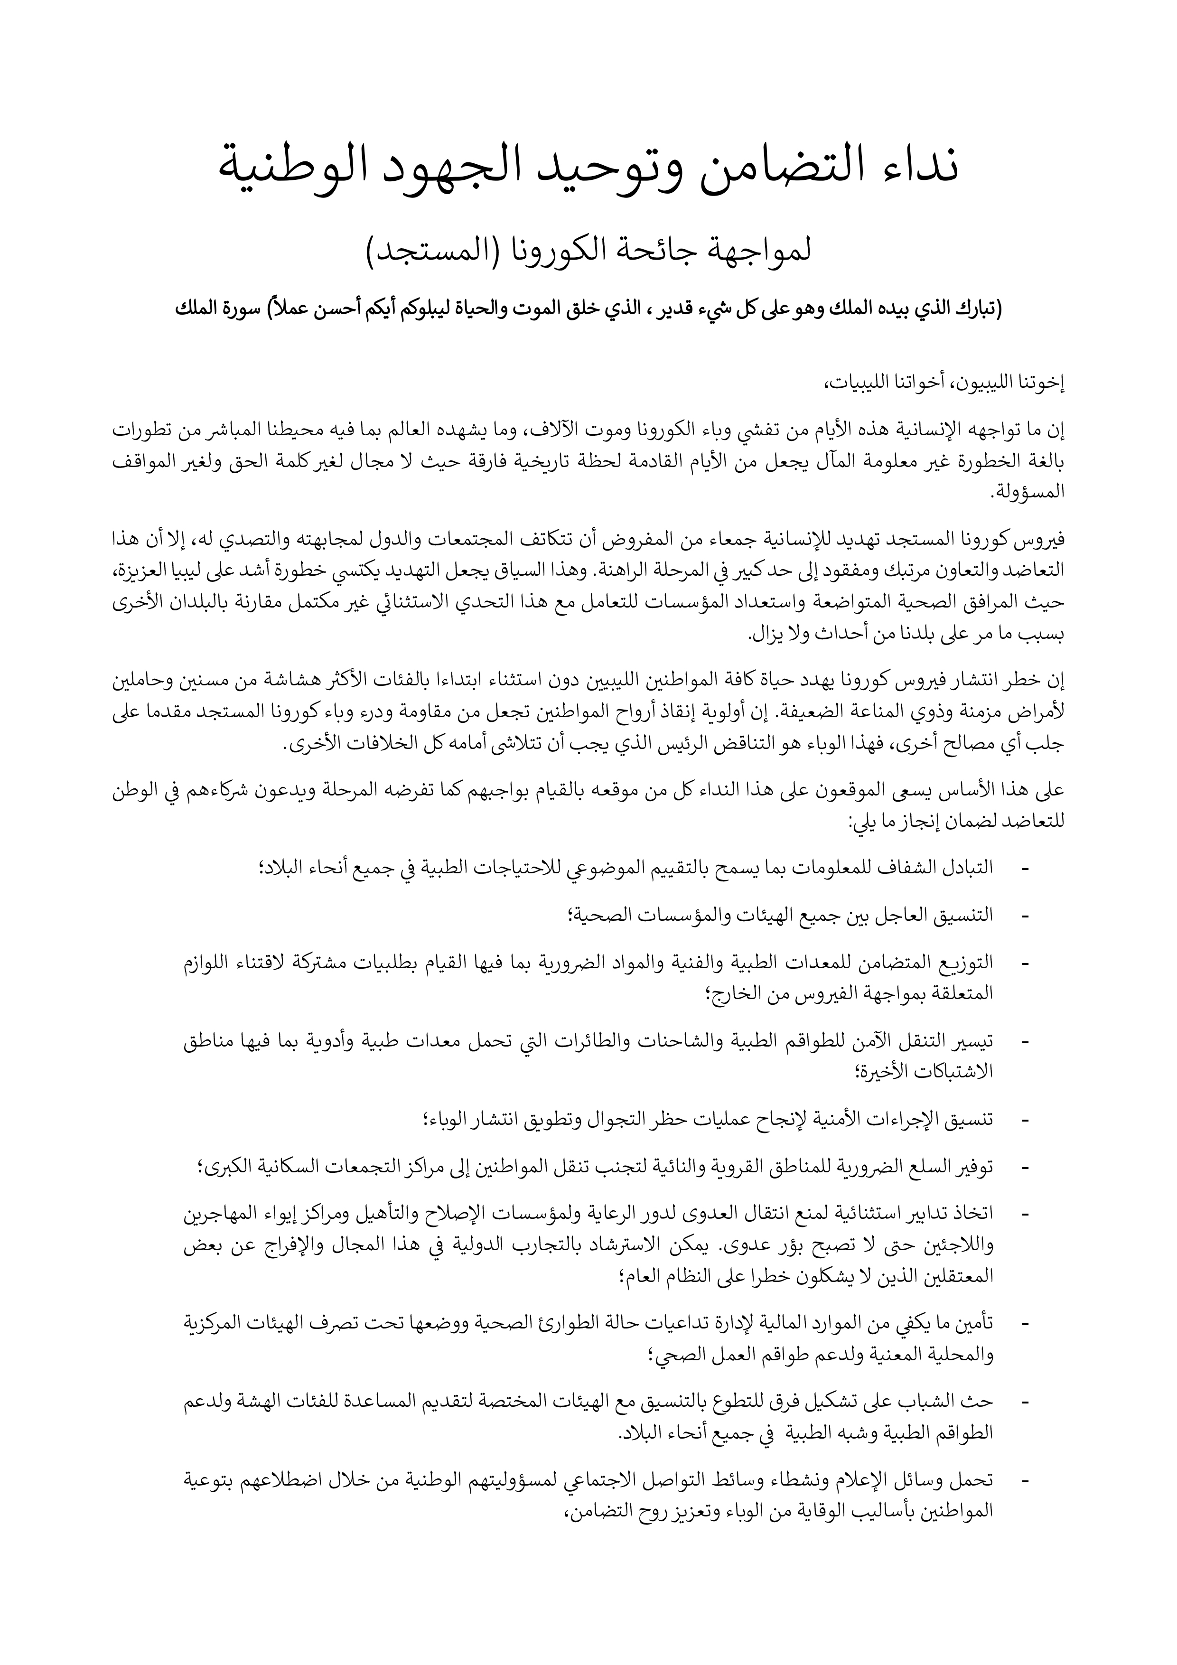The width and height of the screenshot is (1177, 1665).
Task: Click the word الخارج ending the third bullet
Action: pyautogui.click(x=729, y=994)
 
